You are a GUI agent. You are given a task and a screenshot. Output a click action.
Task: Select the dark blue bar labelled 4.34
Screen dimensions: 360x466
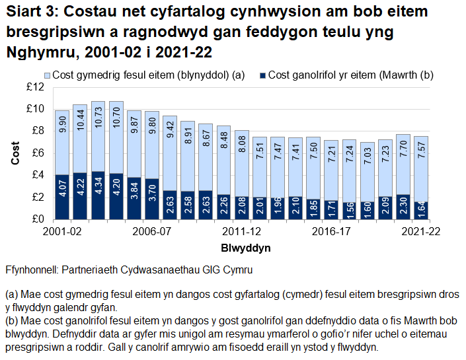click(x=98, y=196)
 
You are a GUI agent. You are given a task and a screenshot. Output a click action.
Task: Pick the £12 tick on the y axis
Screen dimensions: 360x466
click(x=35, y=87)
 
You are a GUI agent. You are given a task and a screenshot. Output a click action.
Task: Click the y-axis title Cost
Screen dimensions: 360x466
click(x=15, y=153)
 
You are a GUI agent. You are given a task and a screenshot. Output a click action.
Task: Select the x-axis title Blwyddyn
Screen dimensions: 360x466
click(x=243, y=247)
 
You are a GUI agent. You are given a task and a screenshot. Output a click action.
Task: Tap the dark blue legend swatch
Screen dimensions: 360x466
click(x=262, y=75)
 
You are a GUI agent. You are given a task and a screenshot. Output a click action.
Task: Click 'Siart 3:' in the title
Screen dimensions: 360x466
click(x=32, y=13)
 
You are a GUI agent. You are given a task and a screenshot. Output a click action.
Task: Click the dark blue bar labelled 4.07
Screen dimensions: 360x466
click(x=62, y=197)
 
